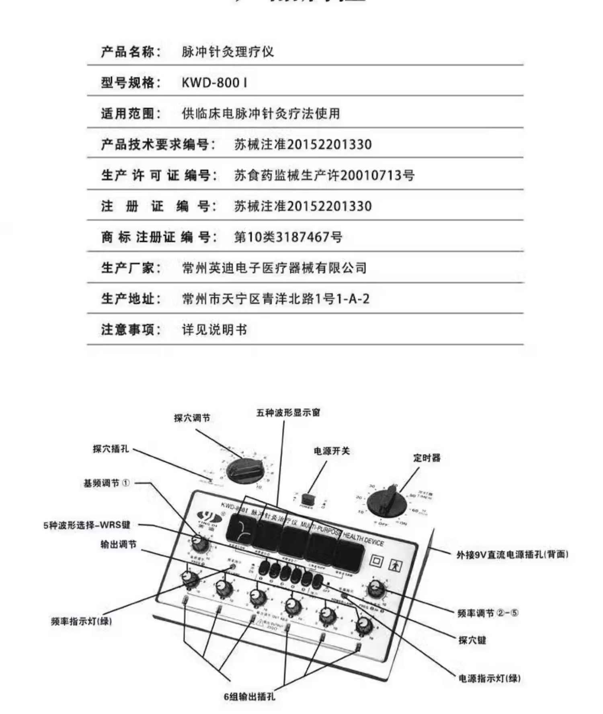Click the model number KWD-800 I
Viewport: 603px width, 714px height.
point(214,83)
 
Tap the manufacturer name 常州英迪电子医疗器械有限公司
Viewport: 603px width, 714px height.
point(274,268)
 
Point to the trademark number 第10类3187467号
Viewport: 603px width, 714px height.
point(288,237)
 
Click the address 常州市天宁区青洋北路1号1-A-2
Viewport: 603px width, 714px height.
point(275,299)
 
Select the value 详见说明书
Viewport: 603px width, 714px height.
point(214,330)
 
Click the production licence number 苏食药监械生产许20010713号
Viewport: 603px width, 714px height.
point(324,175)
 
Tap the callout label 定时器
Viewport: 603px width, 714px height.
point(427,458)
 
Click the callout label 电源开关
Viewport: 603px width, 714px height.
point(332,451)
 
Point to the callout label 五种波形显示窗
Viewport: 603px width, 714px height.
point(288,413)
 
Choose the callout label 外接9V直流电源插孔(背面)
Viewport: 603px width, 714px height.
point(512,555)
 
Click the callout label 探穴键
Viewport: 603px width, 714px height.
point(472,640)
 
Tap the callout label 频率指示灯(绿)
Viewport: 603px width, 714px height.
point(81,621)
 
